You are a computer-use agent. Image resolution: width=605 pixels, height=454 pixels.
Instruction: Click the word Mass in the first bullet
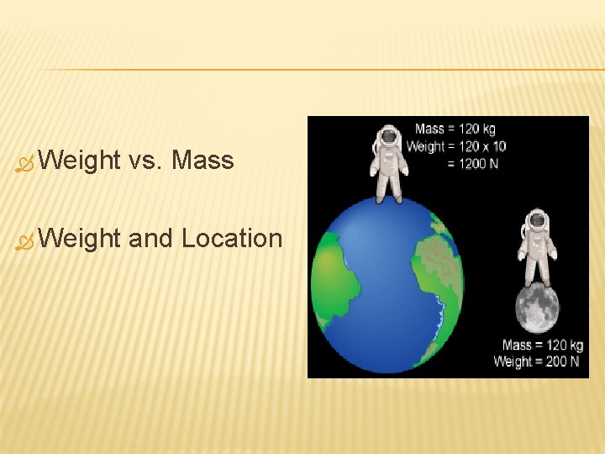203,160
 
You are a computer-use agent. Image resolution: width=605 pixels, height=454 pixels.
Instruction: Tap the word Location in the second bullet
232,239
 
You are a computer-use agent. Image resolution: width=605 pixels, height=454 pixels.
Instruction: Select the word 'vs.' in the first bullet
145,160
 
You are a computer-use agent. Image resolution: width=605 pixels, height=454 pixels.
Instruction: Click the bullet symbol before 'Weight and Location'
23,241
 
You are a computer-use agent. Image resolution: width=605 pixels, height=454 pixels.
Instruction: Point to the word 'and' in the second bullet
151,239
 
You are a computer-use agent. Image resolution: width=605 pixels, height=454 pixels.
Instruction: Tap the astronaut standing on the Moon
537,247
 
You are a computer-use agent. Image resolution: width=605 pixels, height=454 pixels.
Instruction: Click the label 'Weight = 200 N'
538,362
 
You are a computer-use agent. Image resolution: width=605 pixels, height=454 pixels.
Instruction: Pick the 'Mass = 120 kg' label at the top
455,129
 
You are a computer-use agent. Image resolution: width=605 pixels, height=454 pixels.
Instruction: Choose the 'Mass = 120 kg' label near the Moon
542,345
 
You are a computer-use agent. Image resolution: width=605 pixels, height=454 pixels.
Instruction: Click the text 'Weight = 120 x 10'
455,146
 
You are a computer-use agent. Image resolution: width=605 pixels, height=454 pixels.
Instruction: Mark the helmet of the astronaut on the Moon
537,220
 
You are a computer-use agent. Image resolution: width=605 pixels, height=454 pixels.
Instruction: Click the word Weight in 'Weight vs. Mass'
79,160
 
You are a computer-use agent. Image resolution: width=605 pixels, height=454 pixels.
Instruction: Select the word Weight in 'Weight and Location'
79,239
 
